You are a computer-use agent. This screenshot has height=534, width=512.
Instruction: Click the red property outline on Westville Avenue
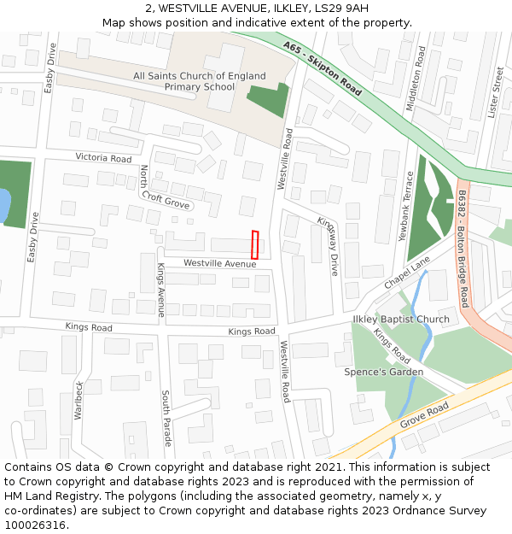coord(254,244)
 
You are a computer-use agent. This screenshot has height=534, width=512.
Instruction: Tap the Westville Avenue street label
coord(219,264)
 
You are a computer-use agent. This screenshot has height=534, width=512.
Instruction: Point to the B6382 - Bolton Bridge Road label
coord(463,249)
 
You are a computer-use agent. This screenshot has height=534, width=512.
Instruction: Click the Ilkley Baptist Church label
coord(400,320)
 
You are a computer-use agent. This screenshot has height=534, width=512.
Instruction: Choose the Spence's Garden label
coord(383,372)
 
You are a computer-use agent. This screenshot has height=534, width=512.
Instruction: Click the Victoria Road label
coord(103,158)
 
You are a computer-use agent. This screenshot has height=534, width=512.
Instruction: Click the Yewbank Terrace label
coord(409,206)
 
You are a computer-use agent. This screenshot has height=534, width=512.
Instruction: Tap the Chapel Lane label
coord(406,275)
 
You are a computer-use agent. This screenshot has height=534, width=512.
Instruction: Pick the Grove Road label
coord(424,417)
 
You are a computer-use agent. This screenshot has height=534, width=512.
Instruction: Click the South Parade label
coord(166,419)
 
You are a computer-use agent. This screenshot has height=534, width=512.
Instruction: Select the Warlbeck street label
coord(79,400)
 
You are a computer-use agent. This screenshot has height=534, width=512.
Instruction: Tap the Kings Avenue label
coord(160,290)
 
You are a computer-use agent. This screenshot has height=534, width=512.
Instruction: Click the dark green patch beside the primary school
coord(266,101)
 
